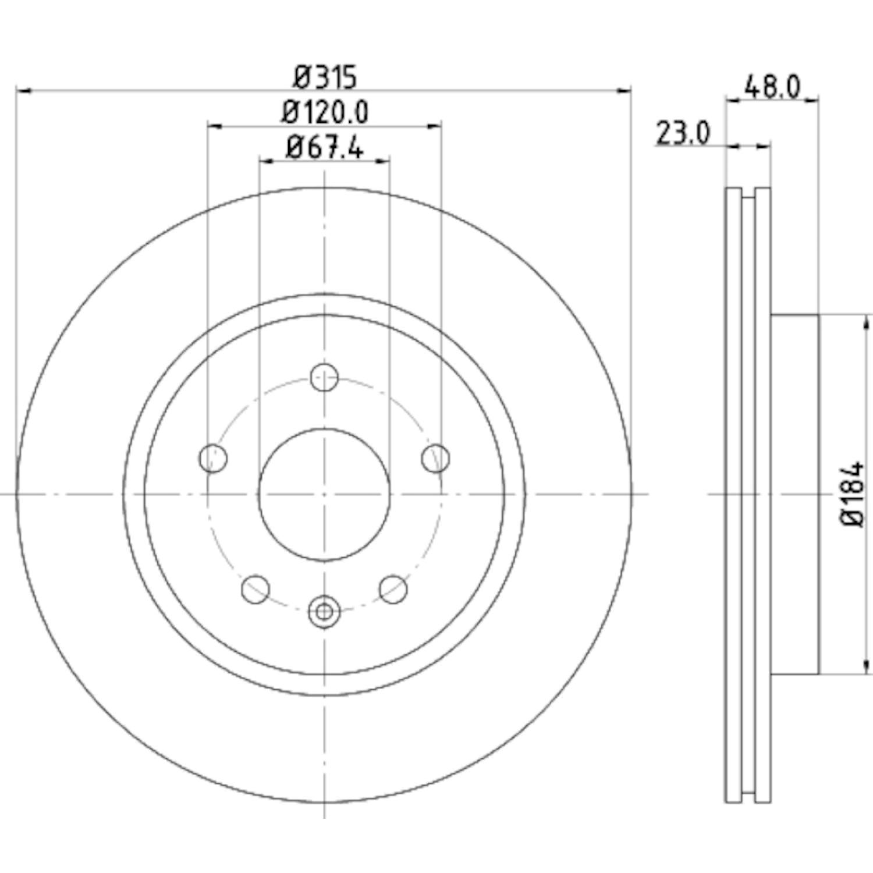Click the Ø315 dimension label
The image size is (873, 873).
[325, 77]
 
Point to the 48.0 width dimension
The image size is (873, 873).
[772, 87]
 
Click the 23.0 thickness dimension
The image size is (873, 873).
[683, 134]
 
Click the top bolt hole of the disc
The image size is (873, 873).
[324, 378]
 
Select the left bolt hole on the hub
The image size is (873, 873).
[213, 458]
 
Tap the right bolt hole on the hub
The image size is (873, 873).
[435, 458]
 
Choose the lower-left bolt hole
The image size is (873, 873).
[255, 589]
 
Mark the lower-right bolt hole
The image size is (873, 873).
[393, 589]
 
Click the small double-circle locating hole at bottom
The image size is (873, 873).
[324, 612]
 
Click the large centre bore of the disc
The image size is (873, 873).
[324, 494]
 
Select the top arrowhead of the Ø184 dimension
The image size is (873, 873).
[868, 322]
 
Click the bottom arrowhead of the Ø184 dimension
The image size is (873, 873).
[868, 667]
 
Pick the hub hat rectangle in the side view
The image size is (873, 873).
[795, 494]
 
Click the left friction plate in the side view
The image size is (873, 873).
[734, 495]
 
